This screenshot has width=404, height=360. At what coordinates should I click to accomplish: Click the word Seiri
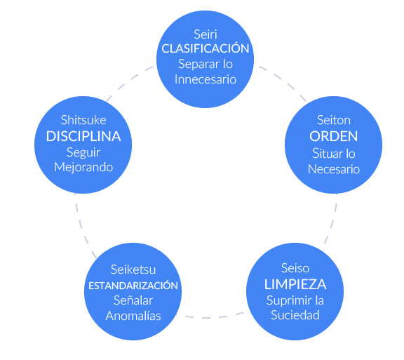pyautogui.click(x=206, y=33)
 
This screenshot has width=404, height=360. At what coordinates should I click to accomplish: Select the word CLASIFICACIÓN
pyautogui.click(x=206, y=48)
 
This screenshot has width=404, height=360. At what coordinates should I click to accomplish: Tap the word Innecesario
pyautogui.click(x=206, y=79)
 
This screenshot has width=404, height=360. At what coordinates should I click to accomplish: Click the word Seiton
pyautogui.click(x=335, y=119)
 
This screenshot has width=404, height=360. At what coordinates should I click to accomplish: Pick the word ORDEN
pyautogui.click(x=335, y=135)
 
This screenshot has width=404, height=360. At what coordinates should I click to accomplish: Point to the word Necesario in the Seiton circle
pyautogui.click(x=335, y=168)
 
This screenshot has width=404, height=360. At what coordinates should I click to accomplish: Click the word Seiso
pyautogui.click(x=295, y=268)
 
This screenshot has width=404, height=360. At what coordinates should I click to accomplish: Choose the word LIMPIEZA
pyautogui.click(x=295, y=285)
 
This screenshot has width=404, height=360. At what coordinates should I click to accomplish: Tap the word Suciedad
pyautogui.click(x=295, y=315)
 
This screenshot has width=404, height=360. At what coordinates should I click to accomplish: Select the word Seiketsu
pyautogui.click(x=133, y=269)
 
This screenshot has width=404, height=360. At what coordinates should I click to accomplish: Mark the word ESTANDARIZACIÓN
pyautogui.click(x=133, y=286)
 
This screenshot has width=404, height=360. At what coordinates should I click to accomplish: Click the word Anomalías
pyautogui.click(x=133, y=316)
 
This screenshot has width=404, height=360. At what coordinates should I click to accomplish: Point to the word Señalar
pyautogui.click(x=133, y=300)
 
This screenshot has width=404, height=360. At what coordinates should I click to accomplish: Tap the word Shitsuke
pyautogui.click(x=83, y=119)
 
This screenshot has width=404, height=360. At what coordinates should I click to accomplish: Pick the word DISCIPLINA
pyautogui.click(x=83, y=136)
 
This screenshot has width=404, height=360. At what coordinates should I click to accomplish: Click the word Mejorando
pyautogui.click(x=83, y=168)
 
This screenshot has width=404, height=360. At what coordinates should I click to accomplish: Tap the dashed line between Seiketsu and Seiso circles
pyautogui.click(x=213, y=316)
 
